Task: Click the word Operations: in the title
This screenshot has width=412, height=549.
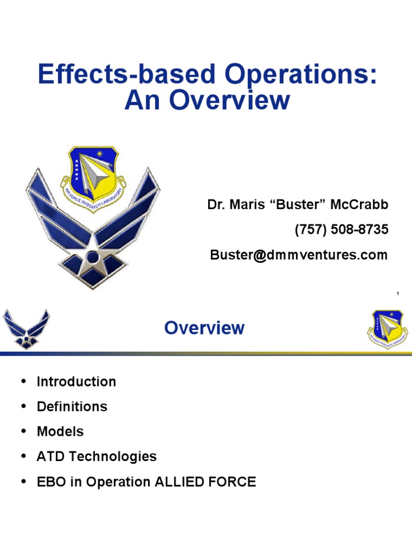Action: pyautogui.click(x=301, y=75)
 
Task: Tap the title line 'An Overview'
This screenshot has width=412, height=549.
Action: pyautogui.click(x=207, y=100)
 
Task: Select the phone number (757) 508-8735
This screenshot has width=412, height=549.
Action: pyautogui.click(x=341, y=229)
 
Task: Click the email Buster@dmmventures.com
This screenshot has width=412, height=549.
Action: pyautogui.click(x=298, y=255)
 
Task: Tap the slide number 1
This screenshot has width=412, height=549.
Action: pyautogui.click(x=398, y=293)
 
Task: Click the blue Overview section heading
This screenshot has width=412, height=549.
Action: pyautogui.click(x=204, y=328)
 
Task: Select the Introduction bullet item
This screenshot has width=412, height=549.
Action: pyautogui.click(x=76, y=382)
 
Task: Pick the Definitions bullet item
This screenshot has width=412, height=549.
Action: pyautogui.click(x=72, y=406)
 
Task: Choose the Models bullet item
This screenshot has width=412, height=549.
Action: pyautogui.click(x=60, y=431)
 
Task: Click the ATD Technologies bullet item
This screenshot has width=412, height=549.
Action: pyautogui.click(x=97, y=456)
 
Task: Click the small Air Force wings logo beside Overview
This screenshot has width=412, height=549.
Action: pyautogui.click(x=26, y=328)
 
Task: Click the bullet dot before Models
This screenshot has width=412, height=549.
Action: pyautogui.click(x=23, y=431)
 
